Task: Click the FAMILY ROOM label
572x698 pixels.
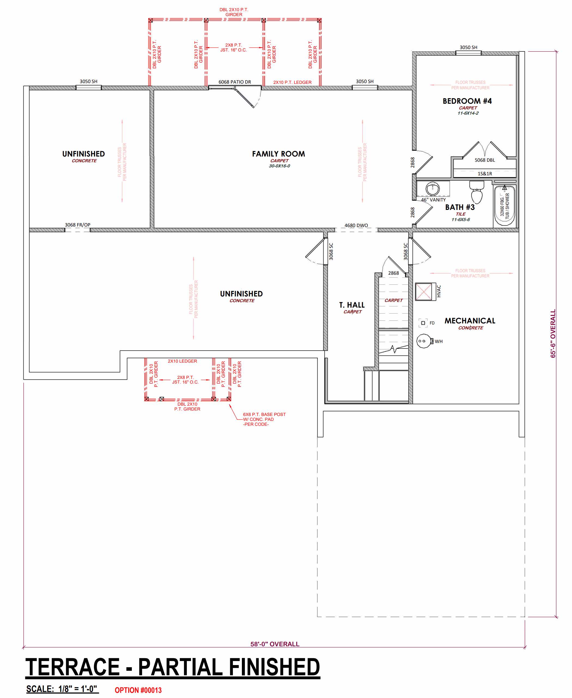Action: point(278,154)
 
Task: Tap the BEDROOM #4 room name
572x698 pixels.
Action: point(467,101)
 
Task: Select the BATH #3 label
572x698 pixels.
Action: point(460,207)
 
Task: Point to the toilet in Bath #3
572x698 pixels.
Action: point(476,192)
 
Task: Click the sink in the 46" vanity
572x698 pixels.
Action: point(432,189)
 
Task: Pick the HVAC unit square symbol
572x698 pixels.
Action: point(423,292)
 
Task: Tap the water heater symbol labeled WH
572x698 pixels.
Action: point(424,341)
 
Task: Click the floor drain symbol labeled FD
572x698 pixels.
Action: point(423,323)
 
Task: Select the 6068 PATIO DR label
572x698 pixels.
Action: point(235,82)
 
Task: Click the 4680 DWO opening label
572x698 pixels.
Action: point(356,225)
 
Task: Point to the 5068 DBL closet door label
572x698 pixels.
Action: point(485,160)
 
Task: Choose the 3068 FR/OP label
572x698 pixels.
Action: point(77,225)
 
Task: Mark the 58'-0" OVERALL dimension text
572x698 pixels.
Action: point(275,644)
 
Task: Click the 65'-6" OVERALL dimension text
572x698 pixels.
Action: point(553,333)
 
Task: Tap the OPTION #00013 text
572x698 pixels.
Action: point(138,690)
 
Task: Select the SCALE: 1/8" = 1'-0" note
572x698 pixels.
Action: point(62,689)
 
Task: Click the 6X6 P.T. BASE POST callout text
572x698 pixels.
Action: point(264,414)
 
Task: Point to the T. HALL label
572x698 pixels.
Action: point(352,305)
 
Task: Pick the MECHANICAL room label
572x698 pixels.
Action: point(470,321)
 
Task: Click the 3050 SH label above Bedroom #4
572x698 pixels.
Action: point(468,47)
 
